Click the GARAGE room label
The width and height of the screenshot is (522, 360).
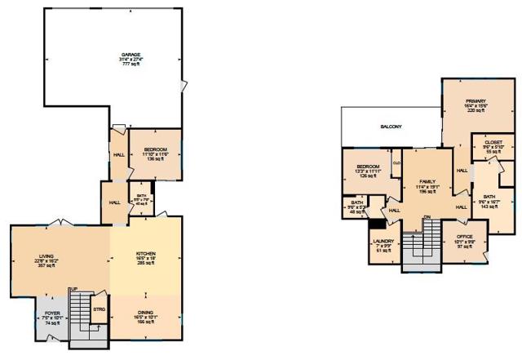click(120, 56)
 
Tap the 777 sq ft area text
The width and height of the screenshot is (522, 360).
click(120, 65)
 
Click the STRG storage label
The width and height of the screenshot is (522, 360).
click(99, 310)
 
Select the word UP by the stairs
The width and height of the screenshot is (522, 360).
click(73, 290)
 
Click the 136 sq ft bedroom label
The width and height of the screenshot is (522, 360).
click(155, 158)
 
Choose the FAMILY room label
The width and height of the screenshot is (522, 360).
click(427, 181)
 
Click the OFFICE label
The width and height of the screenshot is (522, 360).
click(465, 237)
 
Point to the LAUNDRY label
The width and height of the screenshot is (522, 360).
click(383, 241)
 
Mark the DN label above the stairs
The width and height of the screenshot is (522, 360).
click(426, 216)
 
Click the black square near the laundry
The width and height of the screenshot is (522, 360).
click(377, 223)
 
